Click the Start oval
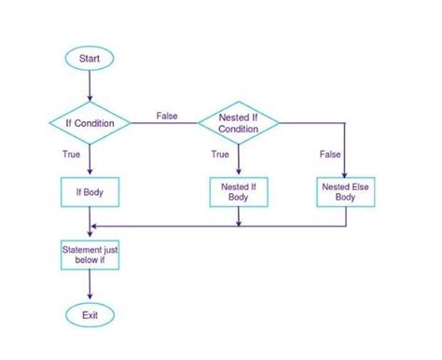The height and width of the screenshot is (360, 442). coord(90,58)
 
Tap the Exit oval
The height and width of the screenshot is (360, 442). coord(90,314)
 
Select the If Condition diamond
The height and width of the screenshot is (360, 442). coord(90,123)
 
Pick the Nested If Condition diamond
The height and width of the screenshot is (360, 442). coord(239,123)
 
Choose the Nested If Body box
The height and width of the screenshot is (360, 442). coord(240,192)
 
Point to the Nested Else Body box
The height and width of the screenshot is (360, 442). coord(344,192)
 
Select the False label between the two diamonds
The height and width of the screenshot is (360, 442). coord(167,115)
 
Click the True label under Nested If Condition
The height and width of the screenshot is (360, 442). coord(220,155)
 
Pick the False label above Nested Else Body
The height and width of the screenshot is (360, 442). coord(329,153)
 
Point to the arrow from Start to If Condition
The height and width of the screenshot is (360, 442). coord(90,86)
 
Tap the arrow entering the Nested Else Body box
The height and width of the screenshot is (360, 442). coord(344,154)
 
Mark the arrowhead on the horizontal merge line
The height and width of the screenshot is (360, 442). coord(94,225)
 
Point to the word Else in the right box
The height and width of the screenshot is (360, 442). coord(357,187)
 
